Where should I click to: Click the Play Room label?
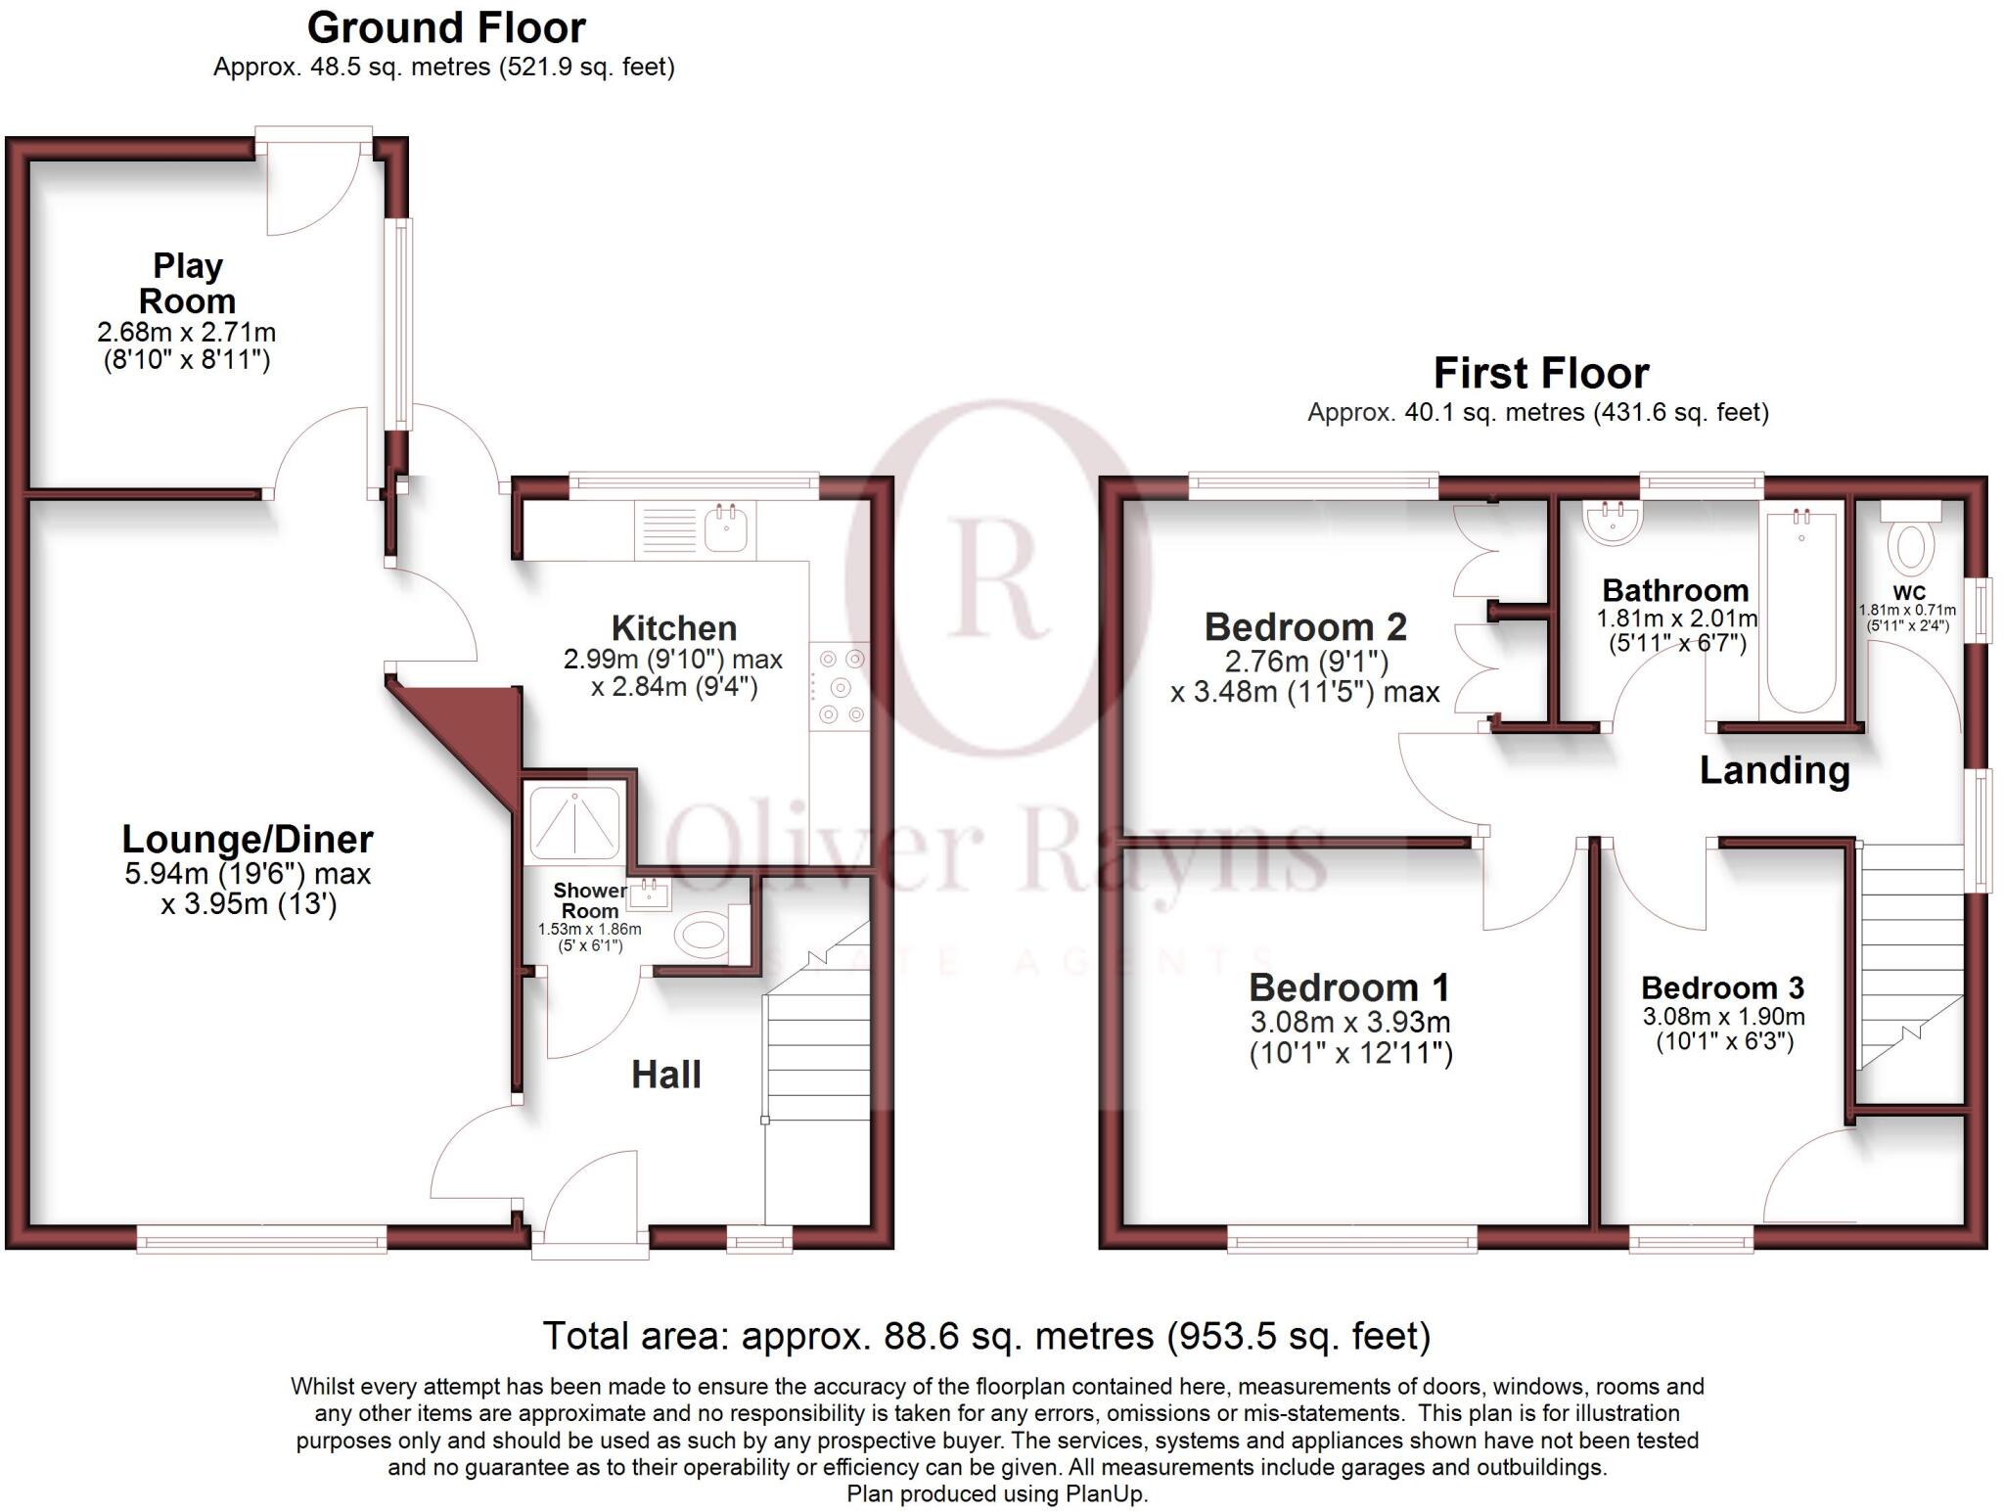[x=187, y=283]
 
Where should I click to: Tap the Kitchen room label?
[x=673, y=627]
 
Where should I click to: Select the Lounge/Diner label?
[x=248, y=839]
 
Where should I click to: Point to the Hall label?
[x=665, y=1075]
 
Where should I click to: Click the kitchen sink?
[x=725, y=529]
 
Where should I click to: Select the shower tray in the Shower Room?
[x=574, y=822]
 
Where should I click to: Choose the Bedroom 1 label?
[x=1348, y=987]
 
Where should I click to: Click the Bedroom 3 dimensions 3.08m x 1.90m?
[x=1723, y=1017]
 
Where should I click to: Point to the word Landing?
[x=1774, y=770]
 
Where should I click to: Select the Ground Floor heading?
[x=446, y=27]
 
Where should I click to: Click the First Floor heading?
[x=1540, y=373]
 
